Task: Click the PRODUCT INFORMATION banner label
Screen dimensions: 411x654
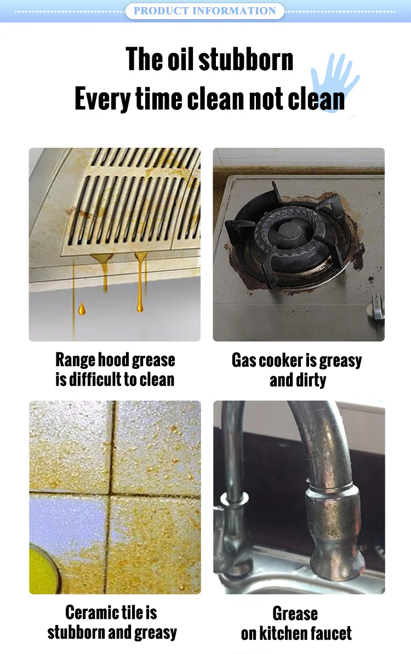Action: (x=204, y=11)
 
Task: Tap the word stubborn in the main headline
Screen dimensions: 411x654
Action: (x=246, y=60)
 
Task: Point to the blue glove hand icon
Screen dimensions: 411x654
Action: (x=334, y=83)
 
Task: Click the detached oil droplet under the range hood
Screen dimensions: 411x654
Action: (x=82, y=309)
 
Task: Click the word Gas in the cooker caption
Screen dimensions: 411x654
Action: (x=244, y=360)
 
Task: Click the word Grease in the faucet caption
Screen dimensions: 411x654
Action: (x=295, y=614)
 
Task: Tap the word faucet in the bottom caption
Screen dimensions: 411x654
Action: (x=330, y=633)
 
